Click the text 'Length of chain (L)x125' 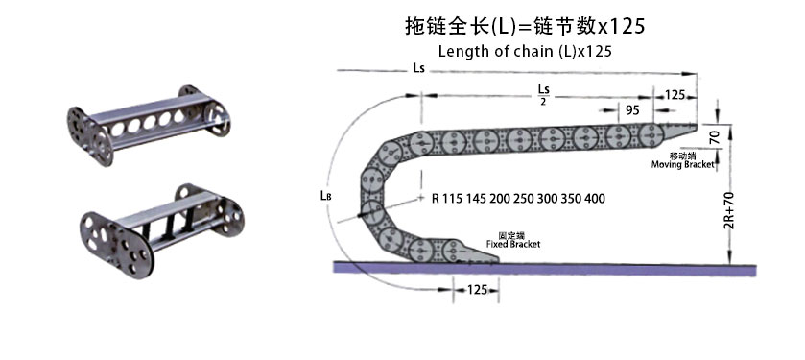[x=525, y=51]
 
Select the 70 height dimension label [x=713, y=136]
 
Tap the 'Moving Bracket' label [x=683, y=165]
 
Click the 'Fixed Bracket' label [x=513, y=244]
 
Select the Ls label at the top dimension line [x=418, y=70]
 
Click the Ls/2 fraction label [x=543, y=94]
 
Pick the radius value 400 [x=594, y=199]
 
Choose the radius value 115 [x=453, y=199]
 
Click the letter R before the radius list [x=436, y=199]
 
